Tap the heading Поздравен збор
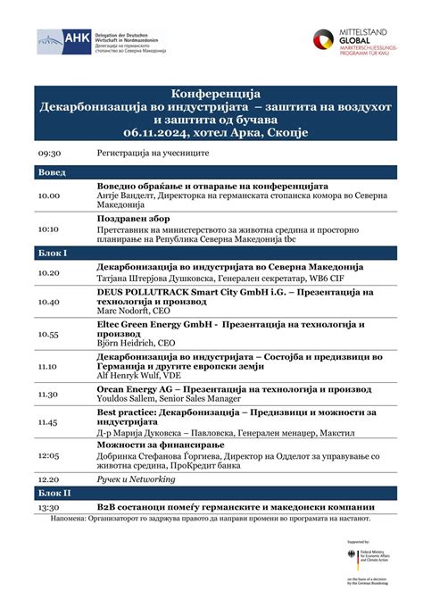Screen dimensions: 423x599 pyautogui.click(x=135, y=218)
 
